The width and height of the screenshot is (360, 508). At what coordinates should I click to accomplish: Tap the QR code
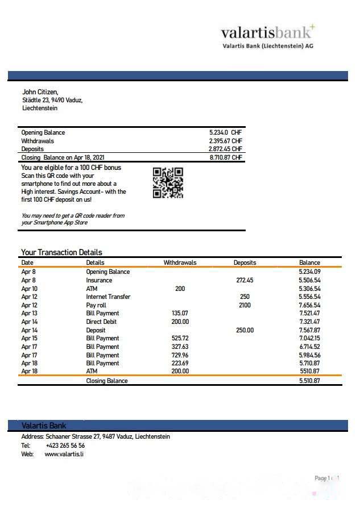click(x=168, y=182)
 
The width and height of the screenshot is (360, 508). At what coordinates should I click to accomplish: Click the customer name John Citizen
click(x=40, y=91)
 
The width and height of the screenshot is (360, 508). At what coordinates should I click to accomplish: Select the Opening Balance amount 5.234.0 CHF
click(x=226, y=132)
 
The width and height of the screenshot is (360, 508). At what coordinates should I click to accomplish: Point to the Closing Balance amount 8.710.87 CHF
click(x=226, y=157)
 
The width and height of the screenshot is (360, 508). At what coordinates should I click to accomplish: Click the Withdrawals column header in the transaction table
click(x=180, y=263)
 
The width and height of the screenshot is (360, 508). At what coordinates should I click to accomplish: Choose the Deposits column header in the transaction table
click(x=245, y=263)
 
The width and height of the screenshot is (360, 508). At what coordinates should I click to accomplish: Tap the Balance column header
click(x=309, y=263)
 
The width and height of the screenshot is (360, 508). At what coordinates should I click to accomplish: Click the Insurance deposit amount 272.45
click(x=245, y=280)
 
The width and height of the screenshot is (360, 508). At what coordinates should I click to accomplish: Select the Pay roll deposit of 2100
click(x=245, y=305)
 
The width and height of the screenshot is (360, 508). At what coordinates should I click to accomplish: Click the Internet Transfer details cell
click(x=108, y=297)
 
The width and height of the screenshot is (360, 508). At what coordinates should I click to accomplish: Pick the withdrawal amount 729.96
click(x=180, y=355)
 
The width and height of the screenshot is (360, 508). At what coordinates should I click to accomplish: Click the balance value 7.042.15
click(x=309, y=338)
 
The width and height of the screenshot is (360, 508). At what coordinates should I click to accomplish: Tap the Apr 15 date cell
click(x=29, y=338)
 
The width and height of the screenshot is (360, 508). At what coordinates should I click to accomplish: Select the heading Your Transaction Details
click(x=61, y=252)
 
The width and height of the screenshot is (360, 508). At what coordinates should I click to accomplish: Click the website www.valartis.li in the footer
click(x=64, y=454)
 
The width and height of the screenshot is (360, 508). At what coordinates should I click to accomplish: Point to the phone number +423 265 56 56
click(x=65, y=445)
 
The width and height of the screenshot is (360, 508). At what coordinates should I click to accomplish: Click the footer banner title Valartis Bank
click(x=44, y=425)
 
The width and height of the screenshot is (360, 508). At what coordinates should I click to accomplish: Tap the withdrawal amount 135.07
click(x=180, y=313)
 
